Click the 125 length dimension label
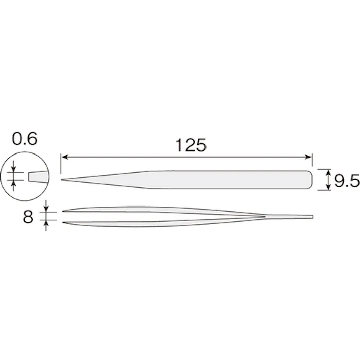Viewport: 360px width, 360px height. (x=191, y=146)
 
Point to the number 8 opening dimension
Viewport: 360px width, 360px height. (x=28, y=217)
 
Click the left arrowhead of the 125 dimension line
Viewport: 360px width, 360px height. (x=64, y=158)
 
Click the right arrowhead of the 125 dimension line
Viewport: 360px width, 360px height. (x=310, y=158)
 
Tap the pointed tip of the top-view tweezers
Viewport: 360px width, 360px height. (x=62, y=180)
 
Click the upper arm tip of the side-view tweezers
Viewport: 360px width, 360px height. (x=63, y=211)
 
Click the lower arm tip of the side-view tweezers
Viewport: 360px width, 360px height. (x=63, y=222)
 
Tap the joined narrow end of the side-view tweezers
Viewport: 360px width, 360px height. (x=311, y=217)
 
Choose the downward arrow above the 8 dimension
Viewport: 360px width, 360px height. (x=46, y=208)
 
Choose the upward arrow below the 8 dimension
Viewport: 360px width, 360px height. (x=46, y=225)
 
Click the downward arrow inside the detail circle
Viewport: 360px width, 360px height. (x=14, y=170)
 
